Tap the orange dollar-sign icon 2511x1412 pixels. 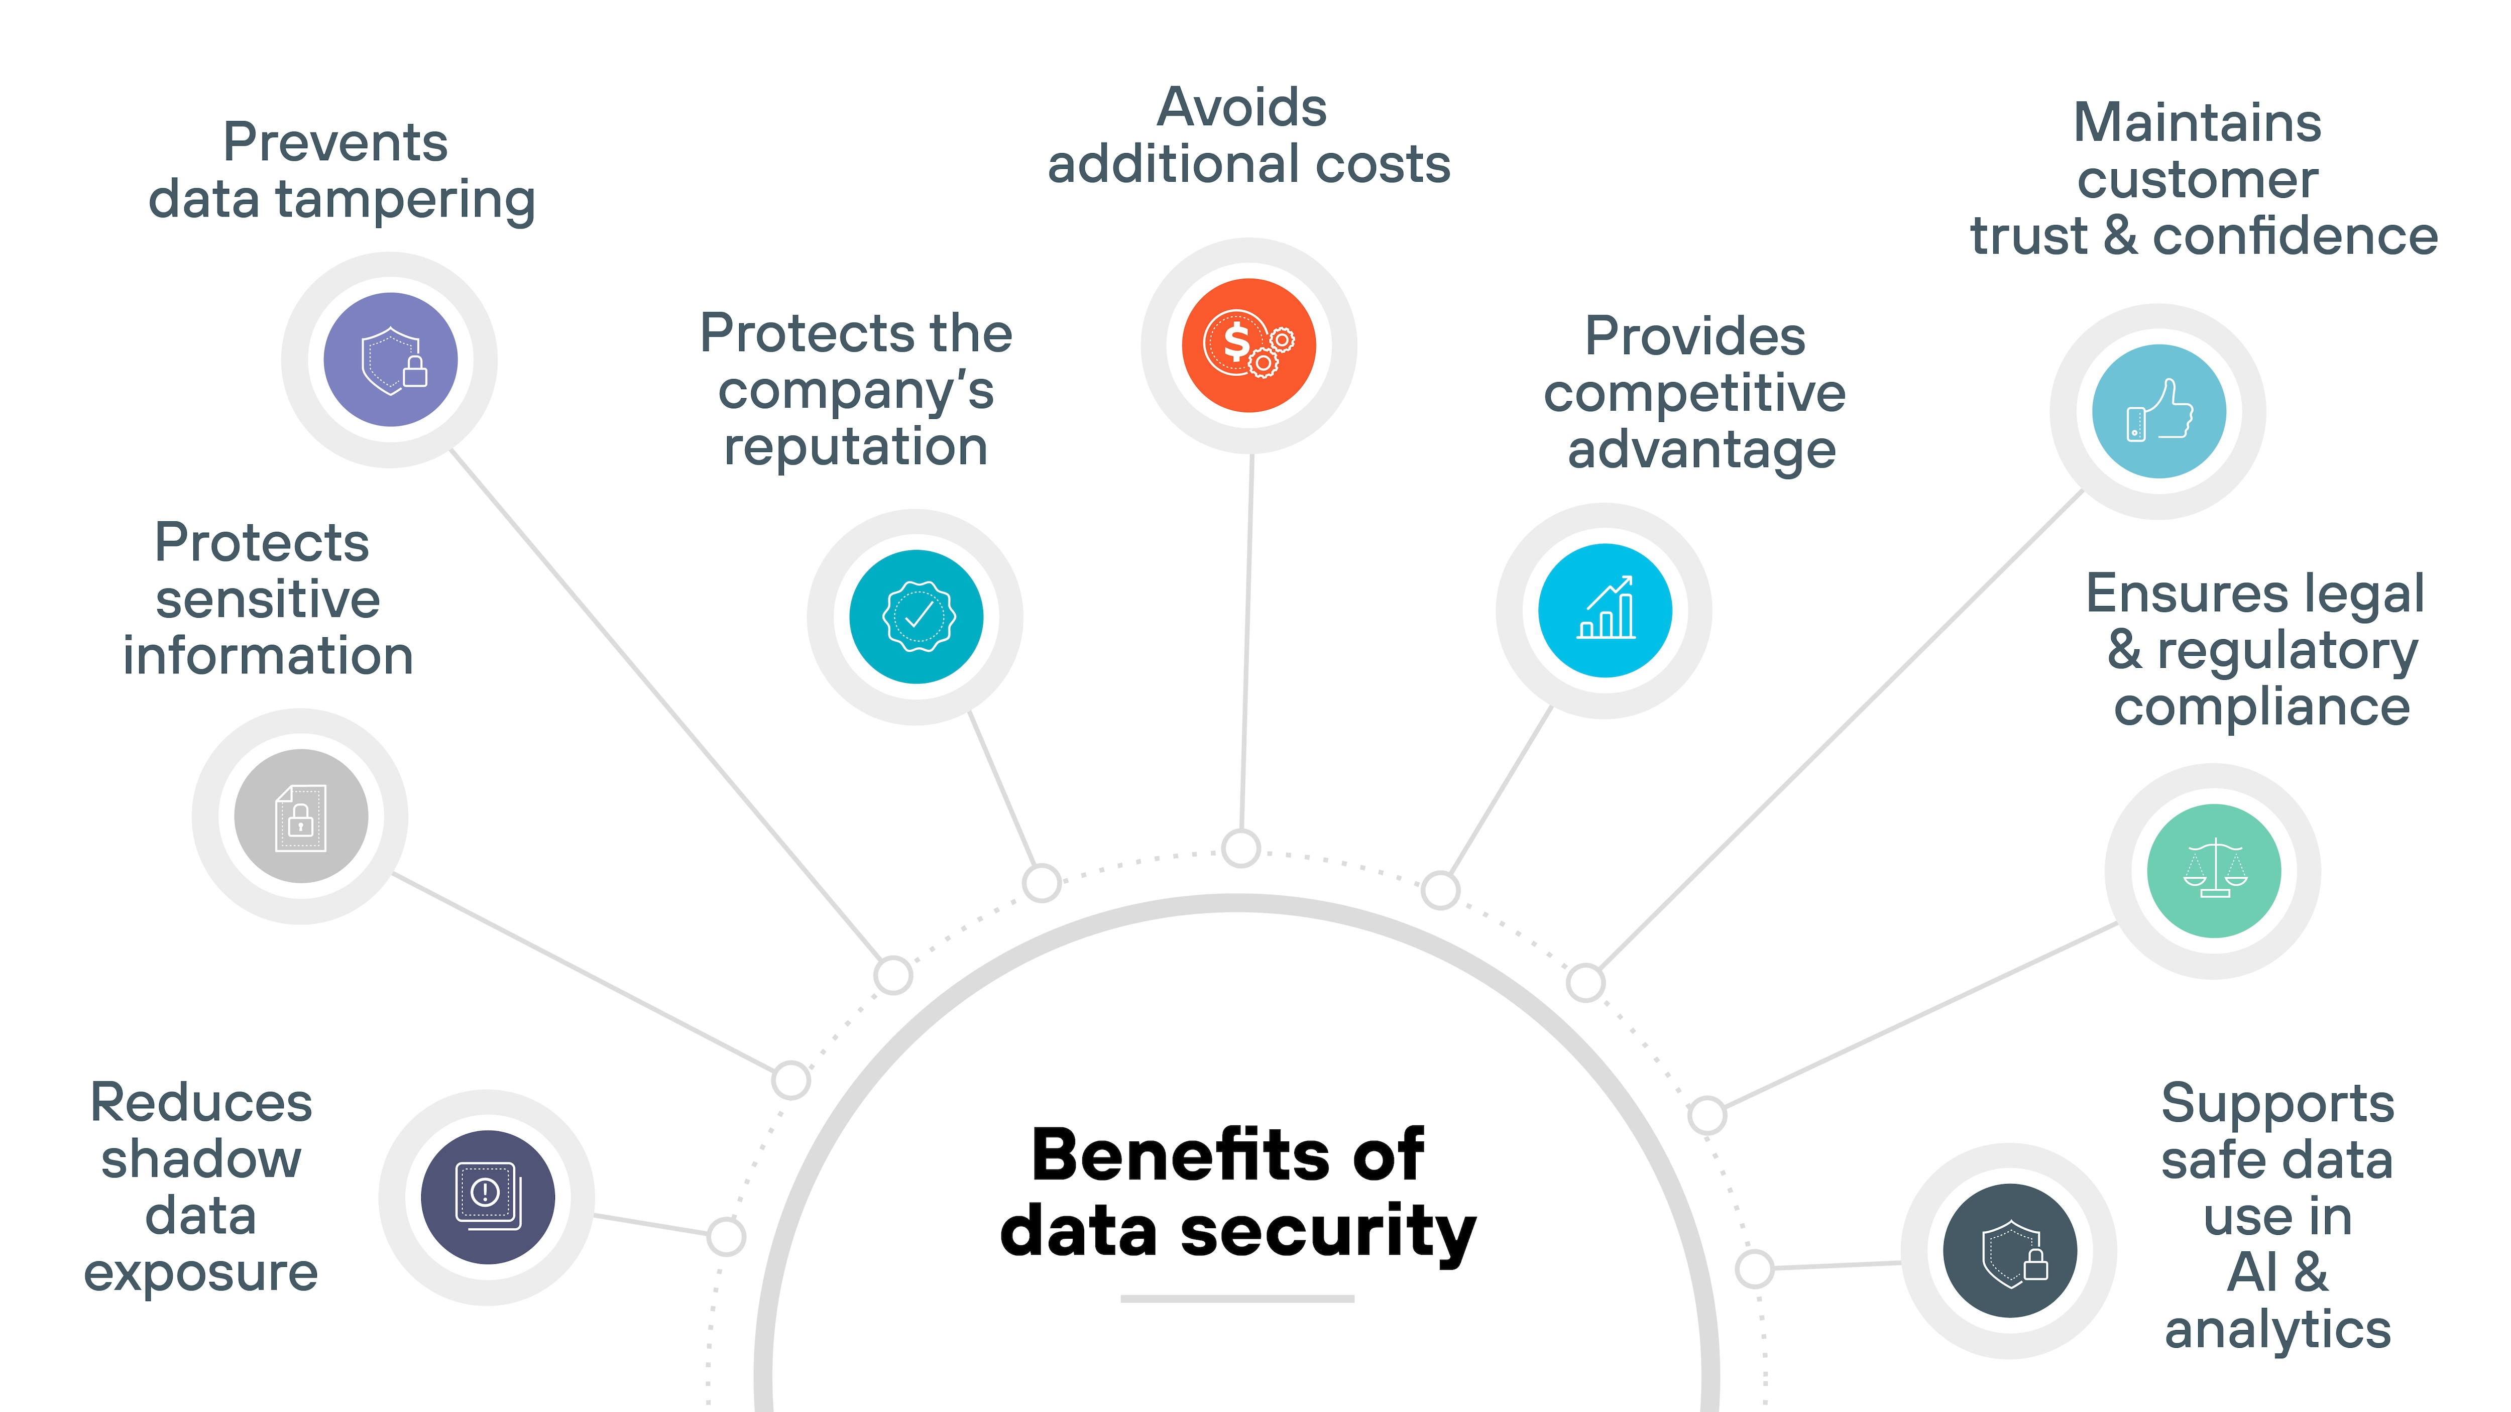1248,345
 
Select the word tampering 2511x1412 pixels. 405,201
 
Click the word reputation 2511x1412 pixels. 856,447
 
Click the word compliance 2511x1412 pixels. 2261,707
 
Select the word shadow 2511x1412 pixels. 201,1159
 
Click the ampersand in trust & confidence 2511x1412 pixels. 2119,237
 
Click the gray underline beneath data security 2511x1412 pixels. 1237,1298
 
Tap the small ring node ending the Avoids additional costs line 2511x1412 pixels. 1241,848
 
